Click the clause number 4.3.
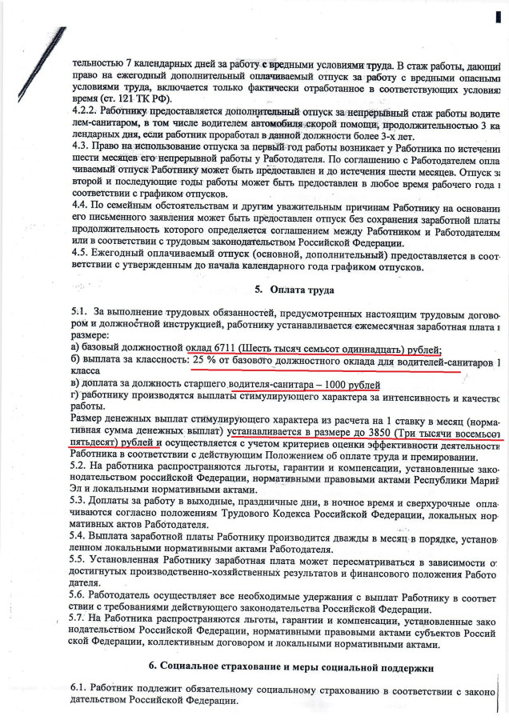point(80,147)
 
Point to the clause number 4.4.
point(80,205)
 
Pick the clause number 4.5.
point(80,253)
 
